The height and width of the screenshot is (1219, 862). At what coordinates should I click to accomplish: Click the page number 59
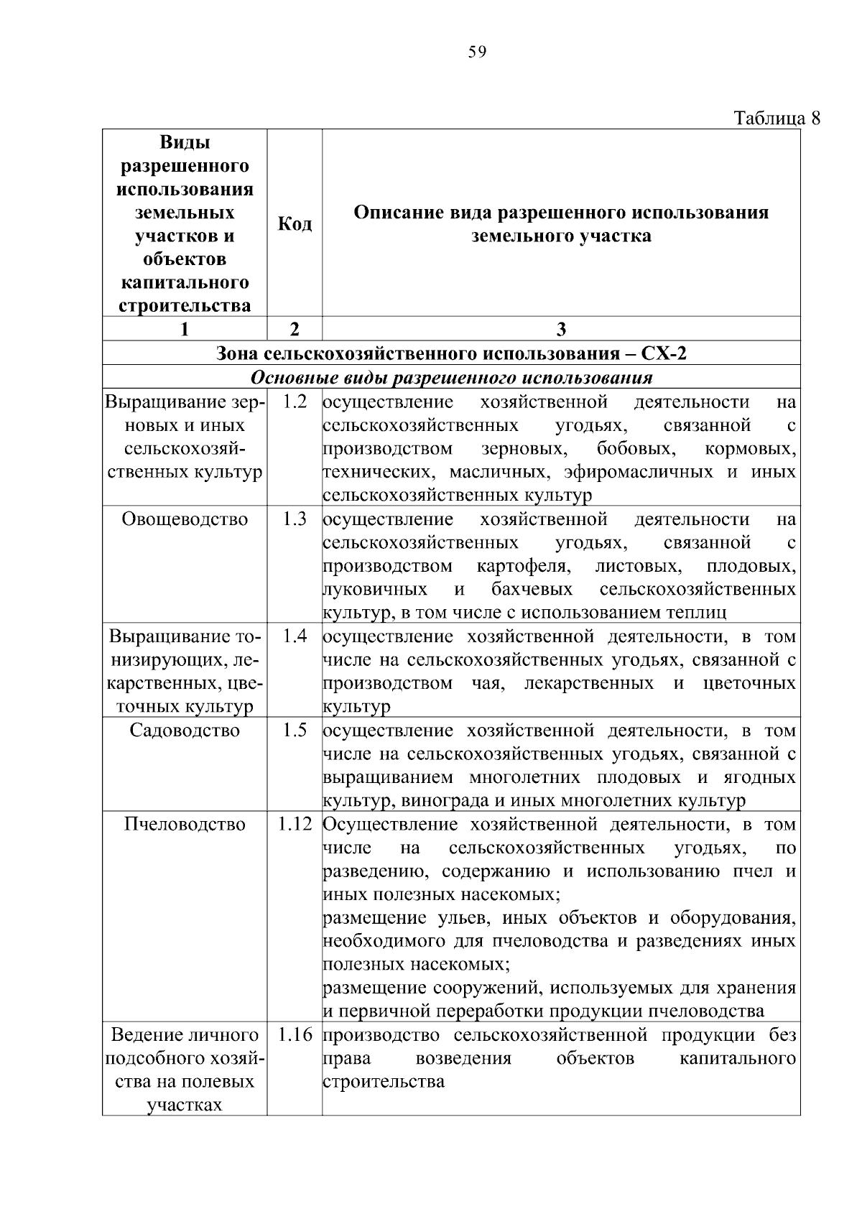(477, 52)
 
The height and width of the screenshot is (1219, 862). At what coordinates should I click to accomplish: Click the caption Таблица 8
(777, 117)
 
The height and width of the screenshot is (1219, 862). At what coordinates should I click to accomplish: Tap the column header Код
(295, 224)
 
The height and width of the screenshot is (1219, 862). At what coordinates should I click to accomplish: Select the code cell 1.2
(295, 402)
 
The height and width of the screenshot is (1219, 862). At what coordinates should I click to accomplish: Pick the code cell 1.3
(295, 519)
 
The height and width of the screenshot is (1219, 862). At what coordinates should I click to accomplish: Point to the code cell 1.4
(295, 636)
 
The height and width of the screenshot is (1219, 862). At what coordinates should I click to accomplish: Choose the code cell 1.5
(295, 731)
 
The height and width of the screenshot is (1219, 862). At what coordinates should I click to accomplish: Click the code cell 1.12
(295, 825)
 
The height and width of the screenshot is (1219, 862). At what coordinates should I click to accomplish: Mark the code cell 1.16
(295, 1036)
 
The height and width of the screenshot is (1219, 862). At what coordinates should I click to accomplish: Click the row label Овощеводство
(185, 519)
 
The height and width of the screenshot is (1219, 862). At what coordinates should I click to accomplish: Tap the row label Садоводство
(185, 731)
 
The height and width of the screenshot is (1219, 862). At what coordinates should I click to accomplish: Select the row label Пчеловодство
(185, 825)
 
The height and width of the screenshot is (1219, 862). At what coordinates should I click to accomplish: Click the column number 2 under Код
(295, 329)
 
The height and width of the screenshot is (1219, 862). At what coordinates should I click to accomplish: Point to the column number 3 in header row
(561, 329)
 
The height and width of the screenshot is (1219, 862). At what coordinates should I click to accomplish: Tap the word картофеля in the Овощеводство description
(524, 566)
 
